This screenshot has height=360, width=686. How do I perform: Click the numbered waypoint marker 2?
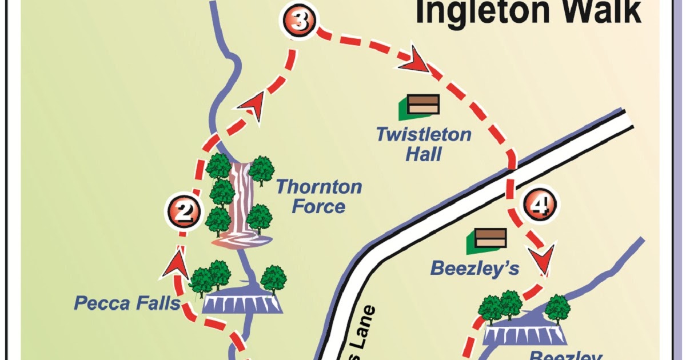click(x=184, y=213)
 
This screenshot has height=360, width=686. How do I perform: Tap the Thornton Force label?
click(x=318, y=196)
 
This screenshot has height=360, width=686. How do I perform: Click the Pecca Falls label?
click(x=127, y=303)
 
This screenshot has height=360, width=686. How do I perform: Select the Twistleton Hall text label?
click(x=424, y=143)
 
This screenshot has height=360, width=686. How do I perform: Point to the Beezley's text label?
click(x=474, y=267)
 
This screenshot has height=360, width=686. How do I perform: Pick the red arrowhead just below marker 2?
click(x=177, y=263)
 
